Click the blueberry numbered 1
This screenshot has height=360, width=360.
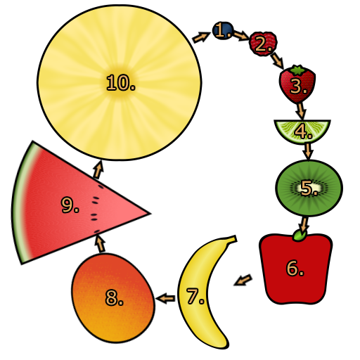point(223,30)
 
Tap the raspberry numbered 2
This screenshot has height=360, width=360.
point(263,44)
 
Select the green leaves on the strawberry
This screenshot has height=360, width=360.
point(297,70)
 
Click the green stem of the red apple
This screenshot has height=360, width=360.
point(300,236)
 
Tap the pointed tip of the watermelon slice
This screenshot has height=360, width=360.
point(150,213)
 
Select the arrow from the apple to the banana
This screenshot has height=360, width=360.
point(243,280)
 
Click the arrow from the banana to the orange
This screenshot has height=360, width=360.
point(165,298)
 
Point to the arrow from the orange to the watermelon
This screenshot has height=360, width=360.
point(100,244)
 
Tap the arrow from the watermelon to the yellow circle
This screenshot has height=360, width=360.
point(98,169)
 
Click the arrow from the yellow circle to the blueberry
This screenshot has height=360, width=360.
point(201,37)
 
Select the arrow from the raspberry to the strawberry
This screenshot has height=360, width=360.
point(277,61)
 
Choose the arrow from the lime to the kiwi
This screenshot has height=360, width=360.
point(308,151)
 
